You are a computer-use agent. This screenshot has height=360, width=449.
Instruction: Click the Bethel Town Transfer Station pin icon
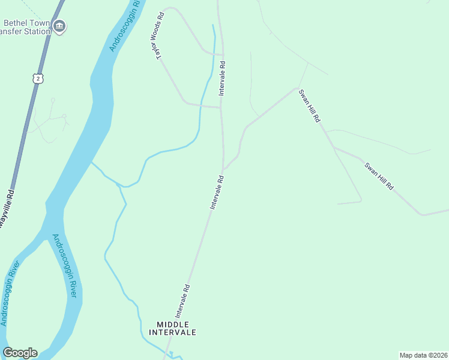[x=60, y=26]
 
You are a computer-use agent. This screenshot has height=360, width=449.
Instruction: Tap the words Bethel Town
[x=26, y=23]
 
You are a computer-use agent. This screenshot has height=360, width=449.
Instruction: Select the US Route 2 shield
[x=38, y=79]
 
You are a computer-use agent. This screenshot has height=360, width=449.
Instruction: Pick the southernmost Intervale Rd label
[x=183, y=301]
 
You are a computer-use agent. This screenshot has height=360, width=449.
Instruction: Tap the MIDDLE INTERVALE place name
[x=176, y=328]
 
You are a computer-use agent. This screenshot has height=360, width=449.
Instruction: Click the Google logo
[x=20, y=353]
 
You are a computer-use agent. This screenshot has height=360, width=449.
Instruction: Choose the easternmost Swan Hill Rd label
[x=379, y=175]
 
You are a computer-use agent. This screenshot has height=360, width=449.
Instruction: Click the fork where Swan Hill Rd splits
[x=334, y=148]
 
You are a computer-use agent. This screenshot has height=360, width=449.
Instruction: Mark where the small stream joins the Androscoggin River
[x=91, y=162]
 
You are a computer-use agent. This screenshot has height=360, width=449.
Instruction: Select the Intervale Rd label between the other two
[x=217, y=191]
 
